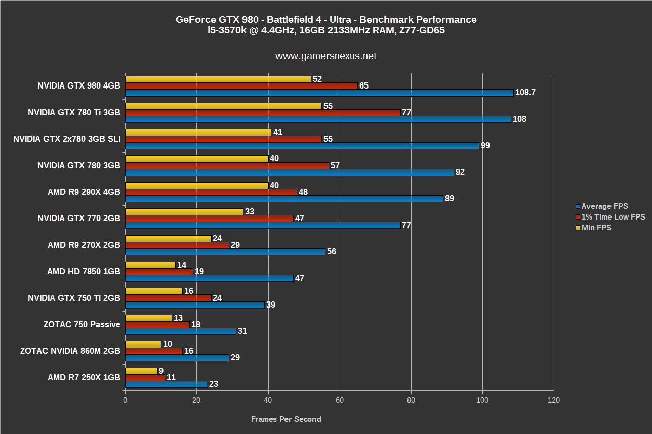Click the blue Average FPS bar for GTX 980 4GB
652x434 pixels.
pyautogui.click(x=319, y=93)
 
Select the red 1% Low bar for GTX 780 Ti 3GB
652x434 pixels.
pyautogui.click(x=262, y=113)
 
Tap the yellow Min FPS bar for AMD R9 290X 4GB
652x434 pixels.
pyautogui.click(x=196, y=186)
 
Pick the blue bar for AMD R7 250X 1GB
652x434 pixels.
pyautogui.click(x=166, y=384)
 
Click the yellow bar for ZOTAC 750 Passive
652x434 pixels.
pyautogui.click(x=148, y=318)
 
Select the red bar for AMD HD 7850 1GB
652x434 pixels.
pyautogui.click(x=159, y=272)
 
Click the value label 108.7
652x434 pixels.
pyautogui.click(x=525, y=93)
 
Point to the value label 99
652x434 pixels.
pyautogui.click(x=485, y=146)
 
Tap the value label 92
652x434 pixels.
pyautogui.click(x=460, y=172)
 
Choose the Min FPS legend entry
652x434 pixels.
pyautogui.click(x=596, y=228)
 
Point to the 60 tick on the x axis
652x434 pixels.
pyautogui.click(x=340, y=400)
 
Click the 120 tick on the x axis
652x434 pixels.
pyautogui.click(x=553, y=400)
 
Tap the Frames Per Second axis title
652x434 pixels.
pyautogui.click(x=286, y=419)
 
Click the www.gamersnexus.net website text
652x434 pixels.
pyautogui.click(x=325, y=56)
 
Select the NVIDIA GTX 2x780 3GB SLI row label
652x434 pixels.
pyautogui.click(x=67, y=139)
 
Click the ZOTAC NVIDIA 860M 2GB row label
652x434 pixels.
pyautogui.click(x=70, y=351)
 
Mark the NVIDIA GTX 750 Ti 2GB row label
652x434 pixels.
pyautogui.click(x=74, y=298)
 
